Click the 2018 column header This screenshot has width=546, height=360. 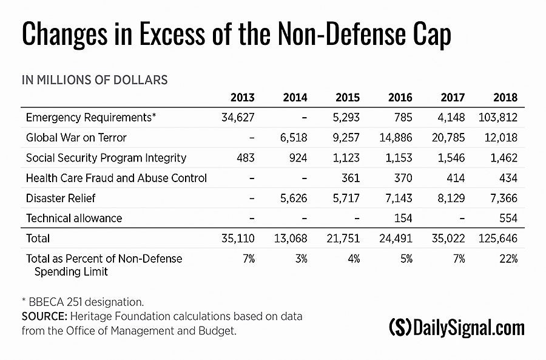(505, 98)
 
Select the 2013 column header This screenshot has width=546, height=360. (243, 98)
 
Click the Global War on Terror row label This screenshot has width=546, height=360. (76, 138)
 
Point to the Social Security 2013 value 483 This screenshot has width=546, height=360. (244, 158)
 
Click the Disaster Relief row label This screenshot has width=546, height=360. (61, 198)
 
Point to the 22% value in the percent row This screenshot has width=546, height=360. (508, 259)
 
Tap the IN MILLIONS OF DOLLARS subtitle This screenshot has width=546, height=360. (95, 80)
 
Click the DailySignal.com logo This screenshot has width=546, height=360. (456, 328)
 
